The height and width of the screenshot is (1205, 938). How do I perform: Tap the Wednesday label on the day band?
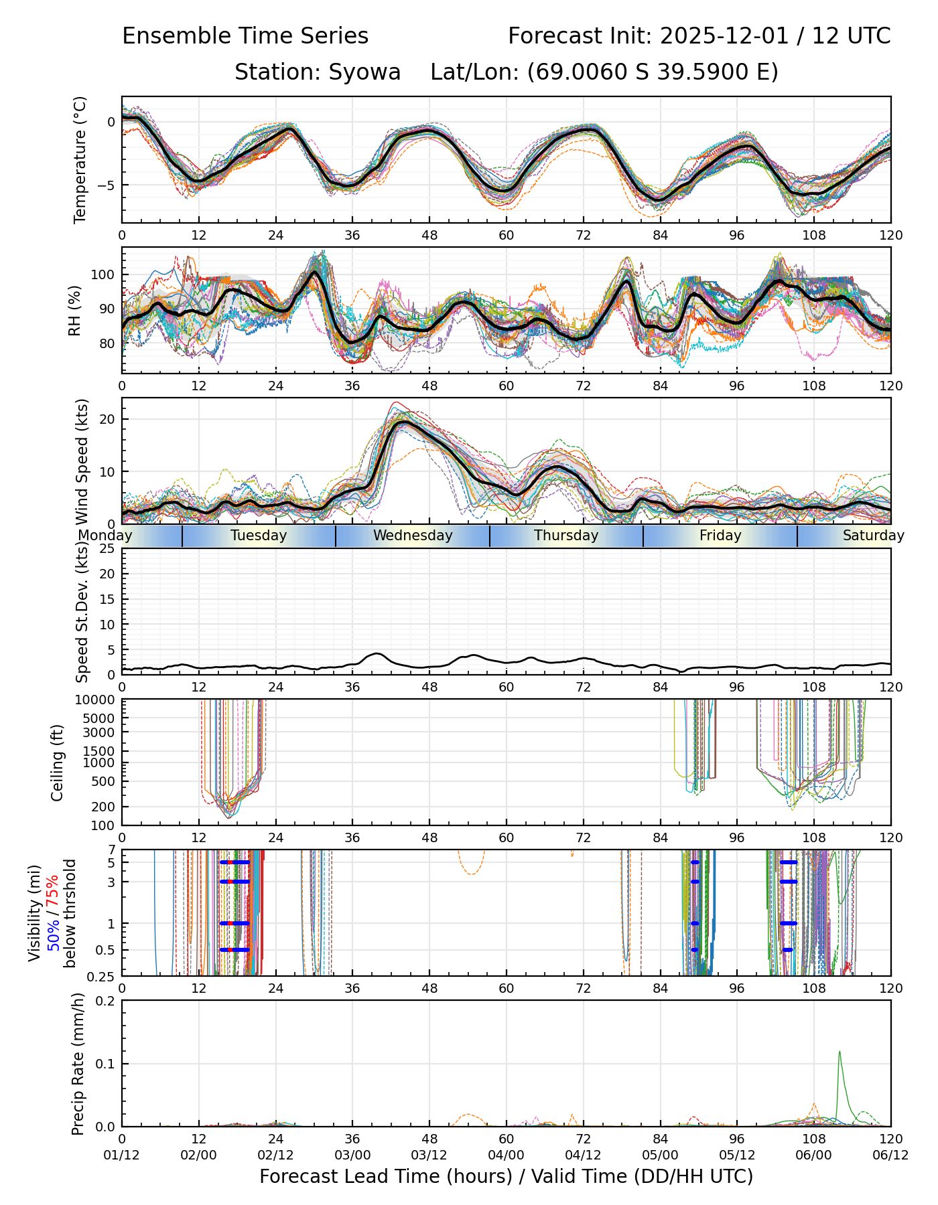[x=413, y=536]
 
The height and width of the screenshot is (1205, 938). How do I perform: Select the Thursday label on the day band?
[x=566, y=536]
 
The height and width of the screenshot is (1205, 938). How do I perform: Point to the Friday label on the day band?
[x=720, y=536]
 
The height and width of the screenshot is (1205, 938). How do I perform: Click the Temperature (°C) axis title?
[x=80, y=159]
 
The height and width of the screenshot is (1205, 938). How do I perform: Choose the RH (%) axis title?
[x=74, y=311]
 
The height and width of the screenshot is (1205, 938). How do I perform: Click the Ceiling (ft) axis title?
[x=58, y=762]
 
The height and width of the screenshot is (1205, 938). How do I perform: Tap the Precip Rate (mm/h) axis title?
[x=78, y=1064]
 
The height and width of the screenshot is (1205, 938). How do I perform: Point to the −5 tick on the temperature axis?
[x=107, y=185]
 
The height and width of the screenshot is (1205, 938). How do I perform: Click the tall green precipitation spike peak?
[x=840, y=1052]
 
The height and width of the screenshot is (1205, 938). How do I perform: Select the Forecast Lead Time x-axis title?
[x=506, y=1176]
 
